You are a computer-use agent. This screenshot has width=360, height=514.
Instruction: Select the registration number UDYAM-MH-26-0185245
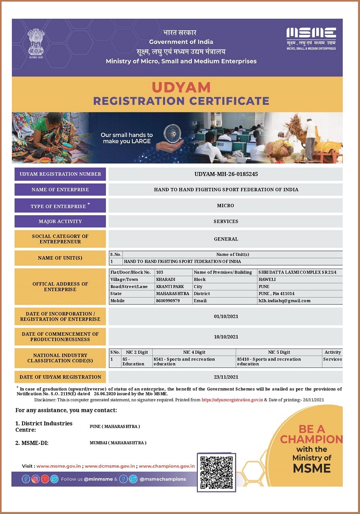[x=226, y=174]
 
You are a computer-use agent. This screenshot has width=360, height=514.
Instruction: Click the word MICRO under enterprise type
[x=225, y=206]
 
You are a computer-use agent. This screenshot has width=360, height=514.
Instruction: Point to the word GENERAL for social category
[x=226, y=239]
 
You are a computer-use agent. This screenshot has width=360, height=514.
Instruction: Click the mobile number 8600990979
[x=168, y=301]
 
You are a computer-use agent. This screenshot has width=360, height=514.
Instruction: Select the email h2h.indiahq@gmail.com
[x=284, y=301]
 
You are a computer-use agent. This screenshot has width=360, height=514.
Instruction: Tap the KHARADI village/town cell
[x=166, y=279]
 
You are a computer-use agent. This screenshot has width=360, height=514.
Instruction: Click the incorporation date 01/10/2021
[x=226, y=316]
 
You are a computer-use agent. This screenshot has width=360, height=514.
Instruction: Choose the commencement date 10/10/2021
[x=226, y=337]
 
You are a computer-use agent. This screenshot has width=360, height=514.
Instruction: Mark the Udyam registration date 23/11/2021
[x=226, y=377]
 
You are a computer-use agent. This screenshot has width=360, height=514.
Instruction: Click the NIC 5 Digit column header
[x=279, y=352]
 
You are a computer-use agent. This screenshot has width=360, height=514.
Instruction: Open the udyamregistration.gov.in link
[x=232, y=400]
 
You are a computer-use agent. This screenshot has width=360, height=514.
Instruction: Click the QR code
[x=216, y=472]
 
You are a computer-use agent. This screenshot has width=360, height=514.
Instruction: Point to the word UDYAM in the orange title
[x=181, y=87]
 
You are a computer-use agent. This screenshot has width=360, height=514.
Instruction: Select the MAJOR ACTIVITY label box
[x=60, y=221]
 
